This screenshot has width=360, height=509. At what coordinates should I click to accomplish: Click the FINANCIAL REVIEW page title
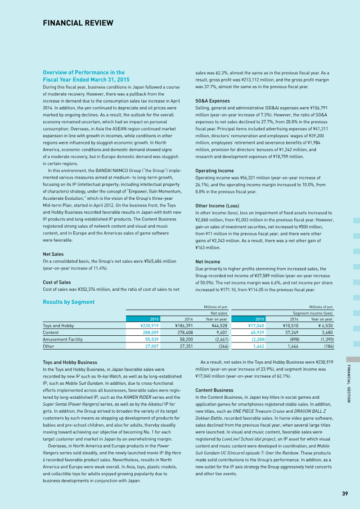coord(78,23)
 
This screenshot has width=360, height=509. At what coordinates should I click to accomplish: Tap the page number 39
coord(345,494)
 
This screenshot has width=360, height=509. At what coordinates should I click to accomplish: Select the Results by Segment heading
coord(68,302)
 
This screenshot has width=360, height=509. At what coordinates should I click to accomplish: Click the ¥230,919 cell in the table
coord(149,325)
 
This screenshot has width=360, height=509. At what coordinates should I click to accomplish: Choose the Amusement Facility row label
coord(63,339)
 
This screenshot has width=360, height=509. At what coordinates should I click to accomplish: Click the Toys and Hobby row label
coord(58,325)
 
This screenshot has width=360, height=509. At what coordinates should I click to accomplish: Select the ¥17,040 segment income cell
coord(256,325)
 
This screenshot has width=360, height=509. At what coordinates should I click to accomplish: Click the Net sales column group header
coord(219,313)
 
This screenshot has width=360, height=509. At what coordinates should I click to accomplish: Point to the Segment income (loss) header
coord(313,313)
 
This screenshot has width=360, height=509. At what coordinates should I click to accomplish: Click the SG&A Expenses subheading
coord(212,101)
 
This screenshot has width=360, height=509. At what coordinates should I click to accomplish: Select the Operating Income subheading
coord(215,171)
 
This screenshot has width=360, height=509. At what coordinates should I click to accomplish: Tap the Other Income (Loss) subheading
coord(217,206)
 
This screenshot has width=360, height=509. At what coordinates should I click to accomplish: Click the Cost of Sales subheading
coord(56,282)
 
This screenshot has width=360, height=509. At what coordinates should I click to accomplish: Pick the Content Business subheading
coord(214,390)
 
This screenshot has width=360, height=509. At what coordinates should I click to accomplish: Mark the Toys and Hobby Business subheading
coord(70,362)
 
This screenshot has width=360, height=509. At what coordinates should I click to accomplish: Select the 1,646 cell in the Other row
coord(293,347)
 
